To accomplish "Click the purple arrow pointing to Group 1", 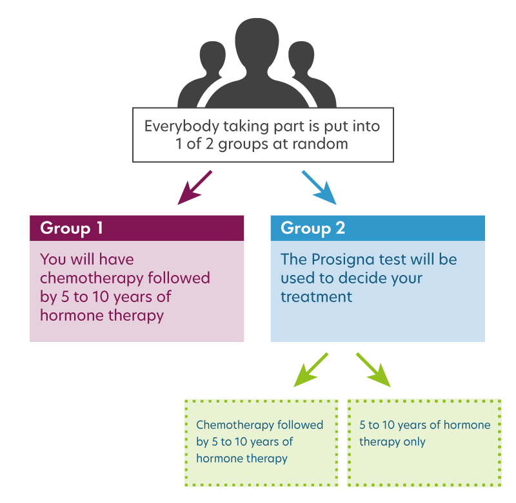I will (194, 187).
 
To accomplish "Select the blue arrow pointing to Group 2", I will (319, 187).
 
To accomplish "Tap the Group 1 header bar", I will (137, 228).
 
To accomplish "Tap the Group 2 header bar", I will (377, 228).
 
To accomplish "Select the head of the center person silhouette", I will (257, 42).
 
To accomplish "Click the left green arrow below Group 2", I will (312, 370).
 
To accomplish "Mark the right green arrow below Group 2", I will (373, 370).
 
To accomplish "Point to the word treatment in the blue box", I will (317, 297).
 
